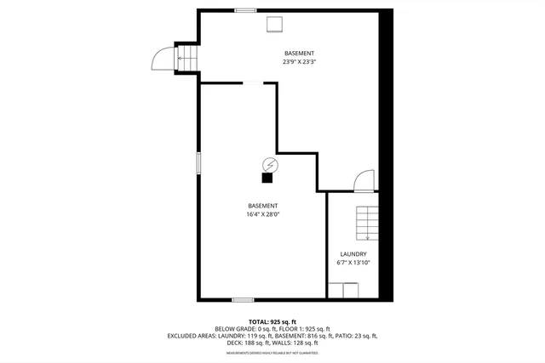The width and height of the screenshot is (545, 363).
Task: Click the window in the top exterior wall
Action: [246, 10]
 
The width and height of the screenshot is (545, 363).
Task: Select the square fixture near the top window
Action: [275, 24]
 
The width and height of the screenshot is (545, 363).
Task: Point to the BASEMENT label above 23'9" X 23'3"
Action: [298, 54]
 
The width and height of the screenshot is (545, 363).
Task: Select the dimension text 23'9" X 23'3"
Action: [298, 62]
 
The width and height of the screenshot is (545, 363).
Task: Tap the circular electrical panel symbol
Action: [270, 164]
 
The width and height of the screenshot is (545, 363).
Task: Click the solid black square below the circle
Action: [267, 179]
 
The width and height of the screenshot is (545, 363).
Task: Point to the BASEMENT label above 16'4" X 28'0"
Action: [262, 206]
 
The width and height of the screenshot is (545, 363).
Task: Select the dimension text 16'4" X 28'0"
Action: [262, 214]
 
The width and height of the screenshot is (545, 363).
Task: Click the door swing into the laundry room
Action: [364, 180]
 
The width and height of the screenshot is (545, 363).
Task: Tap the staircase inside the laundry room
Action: [366, 224]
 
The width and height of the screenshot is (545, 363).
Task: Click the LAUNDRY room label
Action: [353, 254]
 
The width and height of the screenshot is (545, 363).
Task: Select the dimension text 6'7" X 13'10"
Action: [353, 263]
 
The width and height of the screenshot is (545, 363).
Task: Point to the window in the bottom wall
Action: [243, 299]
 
